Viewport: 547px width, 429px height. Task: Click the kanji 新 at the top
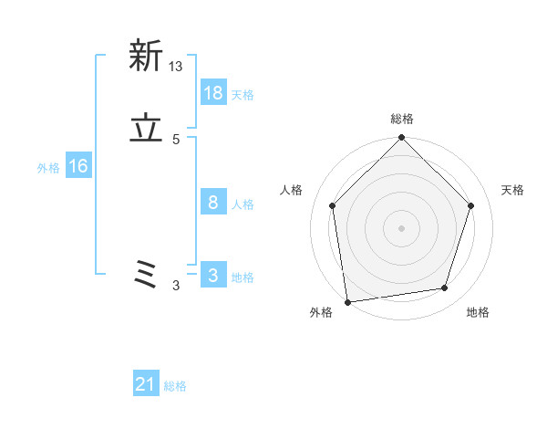pyautogui.click(x=146, y=57)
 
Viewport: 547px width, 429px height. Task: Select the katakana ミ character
pyautogui.click(x=146, y=275)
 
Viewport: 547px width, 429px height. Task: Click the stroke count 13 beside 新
pyautogui.click(x=176, y=67)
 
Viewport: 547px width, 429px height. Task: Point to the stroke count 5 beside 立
pyautogui.click(x=176, y=140)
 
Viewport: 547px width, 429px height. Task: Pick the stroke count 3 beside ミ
pyautogui.click(x=176, y=286)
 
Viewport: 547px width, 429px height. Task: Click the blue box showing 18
pyautogui.click(x=213, y=92)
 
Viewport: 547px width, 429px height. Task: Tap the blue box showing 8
pyautogui.click(x=213, y=203)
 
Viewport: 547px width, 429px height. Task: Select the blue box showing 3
pyautogui.click(x=213, y=276)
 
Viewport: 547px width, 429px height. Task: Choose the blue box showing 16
pyautogui.click(x=78, y=166)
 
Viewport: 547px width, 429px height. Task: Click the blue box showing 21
pyautogui.click(x=146, y=384)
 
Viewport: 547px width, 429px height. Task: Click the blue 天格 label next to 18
pyautogui.click(x=243, y=94)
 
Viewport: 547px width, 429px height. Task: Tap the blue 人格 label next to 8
pyautogui.click(x=243, y=204)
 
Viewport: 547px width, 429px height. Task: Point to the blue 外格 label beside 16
pyautogui.click(x=48, y=168)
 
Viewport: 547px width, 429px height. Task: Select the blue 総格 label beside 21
pyautogui.click(x=175, y=386)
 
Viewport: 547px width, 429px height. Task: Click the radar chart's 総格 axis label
pyautogui.click(x=402, y=119)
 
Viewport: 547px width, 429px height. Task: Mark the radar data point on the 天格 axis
pyautogui.click(x=471, y=205)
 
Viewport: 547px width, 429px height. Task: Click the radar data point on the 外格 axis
pyautogui.click(x=347, y=301)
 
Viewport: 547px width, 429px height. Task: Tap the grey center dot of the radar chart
pyautogui.click(x=402, y=227)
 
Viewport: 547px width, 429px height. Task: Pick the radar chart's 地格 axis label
pyautogui.click(x=478, y=313)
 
